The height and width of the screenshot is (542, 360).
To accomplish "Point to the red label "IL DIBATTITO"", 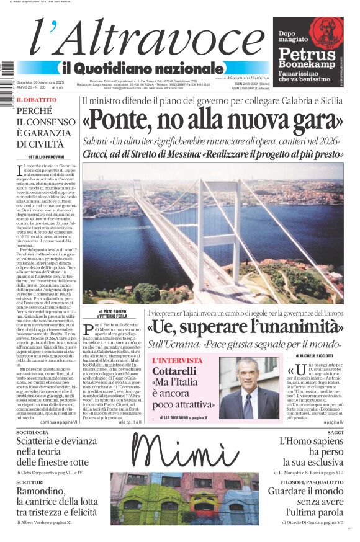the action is tap(36, 100).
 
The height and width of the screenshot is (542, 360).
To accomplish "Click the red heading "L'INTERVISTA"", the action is tap(178, 360).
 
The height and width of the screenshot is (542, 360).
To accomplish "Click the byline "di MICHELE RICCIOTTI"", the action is tap(316, 356).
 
